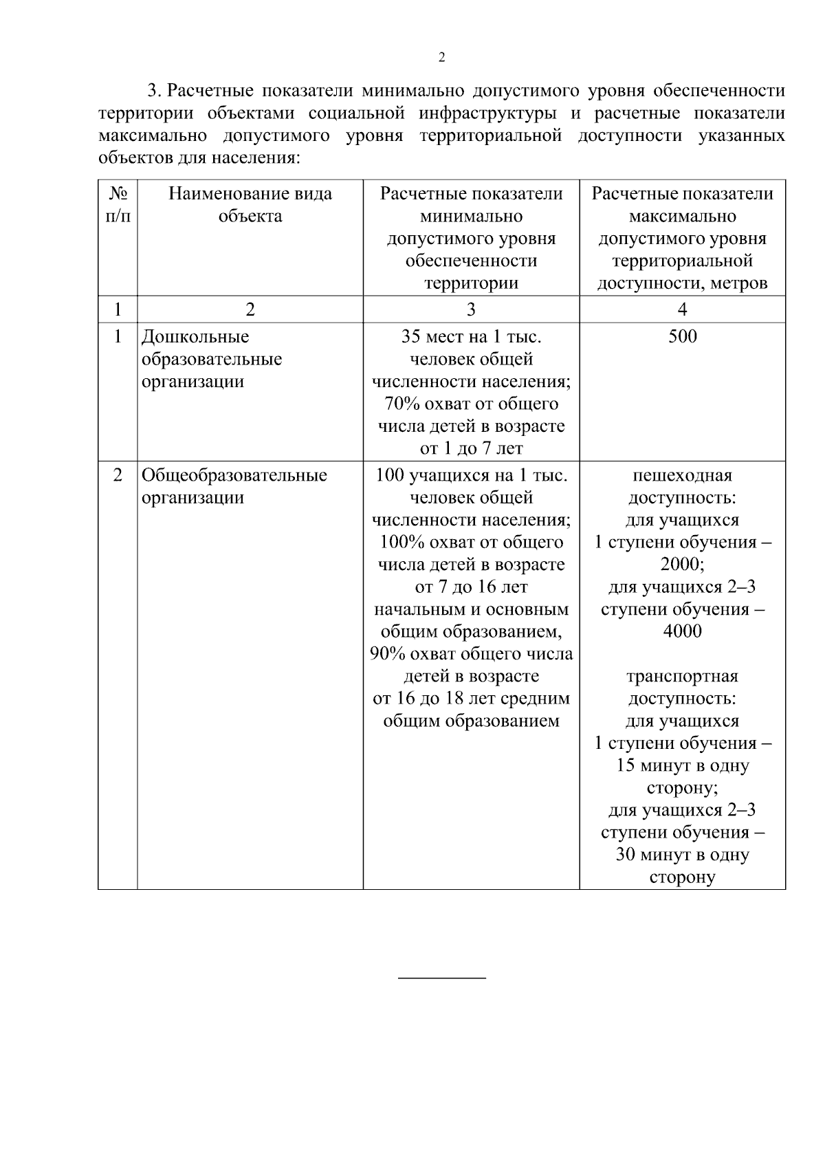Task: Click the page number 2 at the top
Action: pos(441,58)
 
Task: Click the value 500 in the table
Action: pos(682,336)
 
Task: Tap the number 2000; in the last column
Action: pos(682,565)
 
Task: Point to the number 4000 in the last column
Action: pos(682,631)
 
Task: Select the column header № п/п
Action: pos(118,205)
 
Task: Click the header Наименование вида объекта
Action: pos(250,205)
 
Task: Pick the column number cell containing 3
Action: pos(471,310)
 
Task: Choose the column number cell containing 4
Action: pos(682,310)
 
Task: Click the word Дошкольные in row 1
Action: pos(195,337)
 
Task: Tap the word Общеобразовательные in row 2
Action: pos(234,475)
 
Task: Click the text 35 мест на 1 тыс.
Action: pos(471,337)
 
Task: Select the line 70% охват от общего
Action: pos(471,404)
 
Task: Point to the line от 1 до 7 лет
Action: pos(471,449)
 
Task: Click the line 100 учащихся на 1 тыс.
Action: pos(471,475)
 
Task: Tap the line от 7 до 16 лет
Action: pos(471,587)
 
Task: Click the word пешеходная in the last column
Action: pos(682,475)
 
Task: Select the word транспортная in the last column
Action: pos(682,677)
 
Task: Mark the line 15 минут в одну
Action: pos(682,765)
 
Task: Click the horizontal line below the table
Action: pos(442,977)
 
